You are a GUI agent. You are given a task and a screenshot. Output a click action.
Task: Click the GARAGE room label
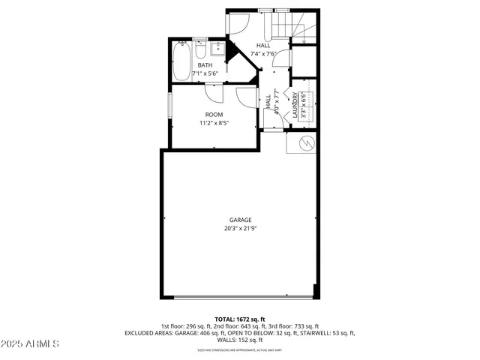click(x=241, y=220)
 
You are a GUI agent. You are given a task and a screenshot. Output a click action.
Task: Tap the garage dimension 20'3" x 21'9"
click(x=241, y=228)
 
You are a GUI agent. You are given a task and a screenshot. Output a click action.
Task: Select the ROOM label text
click(x=214, y=114)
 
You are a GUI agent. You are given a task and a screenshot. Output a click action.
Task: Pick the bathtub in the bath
click(x=182, y=61)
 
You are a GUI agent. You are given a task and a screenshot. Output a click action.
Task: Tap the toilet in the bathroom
click(x=201, y=52)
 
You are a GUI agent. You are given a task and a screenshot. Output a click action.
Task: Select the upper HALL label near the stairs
click(x=263, y=45)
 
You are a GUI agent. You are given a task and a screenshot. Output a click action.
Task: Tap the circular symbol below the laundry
click(x=304, y=143)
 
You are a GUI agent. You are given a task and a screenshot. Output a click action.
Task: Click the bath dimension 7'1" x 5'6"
click(x=205, y=73)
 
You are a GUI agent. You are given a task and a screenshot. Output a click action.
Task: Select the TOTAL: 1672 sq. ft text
click(x=240, y=319)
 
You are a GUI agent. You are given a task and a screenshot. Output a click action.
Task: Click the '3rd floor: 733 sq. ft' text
click(x=292, y=326)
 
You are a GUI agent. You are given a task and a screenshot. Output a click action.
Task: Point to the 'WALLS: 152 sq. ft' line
click(x=240, y=340)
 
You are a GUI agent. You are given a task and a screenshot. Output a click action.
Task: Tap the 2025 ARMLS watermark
click(x=31, y=343)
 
